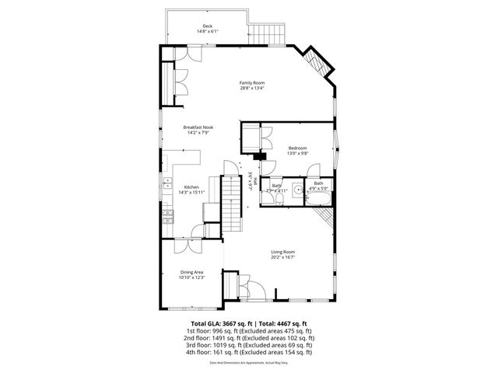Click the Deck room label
point(206,26)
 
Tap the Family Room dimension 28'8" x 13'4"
point(252,88)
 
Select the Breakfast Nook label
point(198,127)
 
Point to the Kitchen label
point(191,187)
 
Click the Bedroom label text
point(298,148)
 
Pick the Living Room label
point(282,251)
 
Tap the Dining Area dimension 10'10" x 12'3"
point(191,277)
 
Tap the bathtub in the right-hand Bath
point(319,199)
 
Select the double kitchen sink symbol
point(166,184)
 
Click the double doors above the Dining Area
point(188,246)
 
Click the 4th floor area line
point(249,352)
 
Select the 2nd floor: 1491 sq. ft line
point(249,337)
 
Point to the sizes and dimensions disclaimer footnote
point(249,362)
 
